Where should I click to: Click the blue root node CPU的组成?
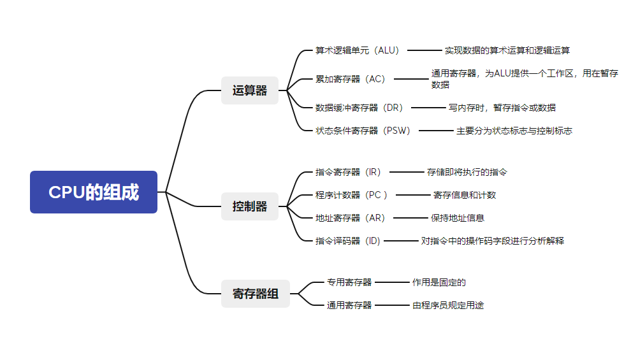pos(94,192)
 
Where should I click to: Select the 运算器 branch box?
pos(250,90)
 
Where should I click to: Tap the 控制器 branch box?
pos(250,206)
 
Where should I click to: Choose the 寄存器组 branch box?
pos(255,294)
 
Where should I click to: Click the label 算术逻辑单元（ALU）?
pos(358,50)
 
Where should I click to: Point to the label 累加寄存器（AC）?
pos(351,79)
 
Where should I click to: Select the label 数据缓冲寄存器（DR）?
pos(359,108)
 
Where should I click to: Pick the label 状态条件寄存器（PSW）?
pos(363,131)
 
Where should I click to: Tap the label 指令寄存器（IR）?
pos(348,172)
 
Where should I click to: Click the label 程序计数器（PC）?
pos(352,195)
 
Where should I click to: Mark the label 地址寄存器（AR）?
pos(351,218)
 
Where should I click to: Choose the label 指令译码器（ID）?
pos(348,241)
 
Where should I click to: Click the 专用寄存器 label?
pos(349,282)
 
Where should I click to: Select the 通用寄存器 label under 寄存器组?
pos(349,305)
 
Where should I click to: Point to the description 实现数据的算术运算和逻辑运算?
pos(507,50)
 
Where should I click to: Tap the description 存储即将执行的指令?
pos(467,172)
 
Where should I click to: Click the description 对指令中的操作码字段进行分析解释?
pos(493,241)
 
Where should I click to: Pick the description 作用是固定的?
pos(439,282)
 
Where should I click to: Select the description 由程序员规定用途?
pos(448,305)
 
